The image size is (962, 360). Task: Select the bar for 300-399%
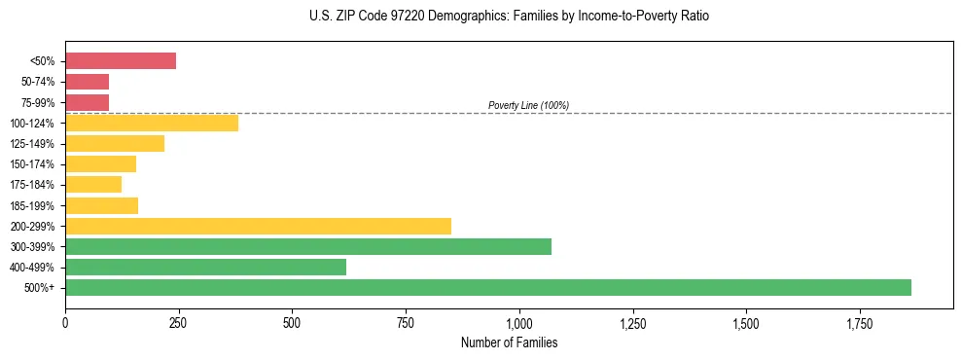pos(308,246)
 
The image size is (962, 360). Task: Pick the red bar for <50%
pos(121,61)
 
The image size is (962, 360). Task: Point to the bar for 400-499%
pos(205,267)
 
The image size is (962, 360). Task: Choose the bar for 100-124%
pos(152,123)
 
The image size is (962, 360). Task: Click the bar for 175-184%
pos(93,184)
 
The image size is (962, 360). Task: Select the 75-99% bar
pos(87,102)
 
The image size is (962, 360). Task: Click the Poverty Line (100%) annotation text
pos(528,105)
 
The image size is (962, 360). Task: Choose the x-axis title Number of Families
pos(508,342)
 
